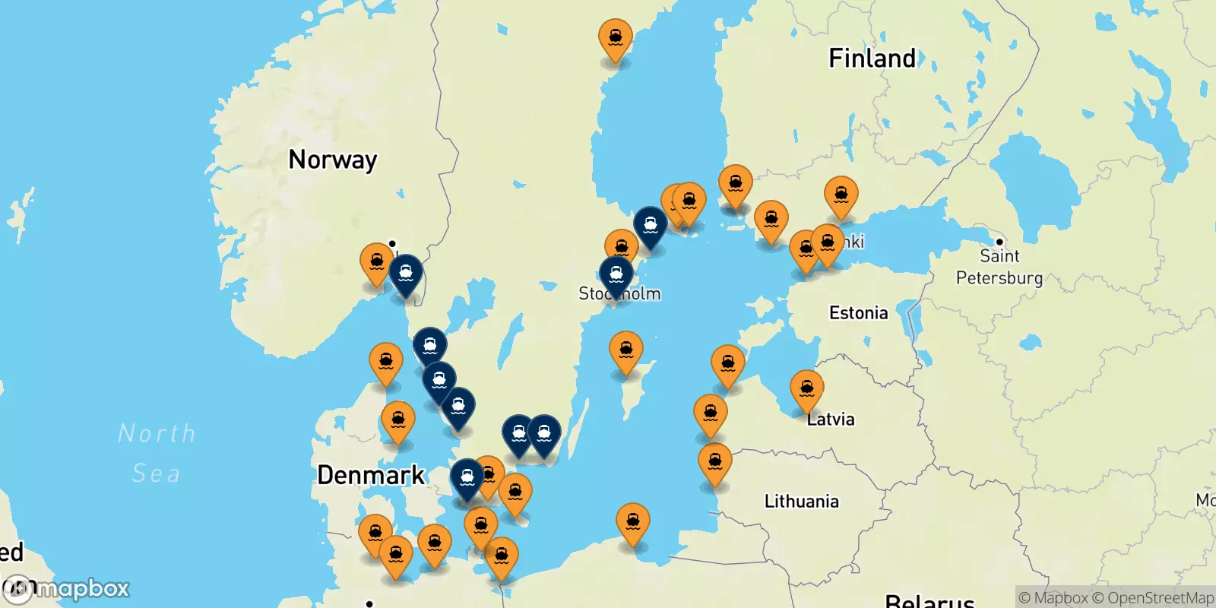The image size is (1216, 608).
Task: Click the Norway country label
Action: pyautogui.click(x=332, y=160)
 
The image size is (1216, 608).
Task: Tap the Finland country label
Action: pyautogui.click(x=872, y=59)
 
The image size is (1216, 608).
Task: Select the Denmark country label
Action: pyautogui.click(x=371, y=475)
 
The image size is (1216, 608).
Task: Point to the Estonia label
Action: pyautogui.click(x=858, y=313)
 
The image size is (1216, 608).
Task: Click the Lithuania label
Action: pyautogui.click(x=801, y=502)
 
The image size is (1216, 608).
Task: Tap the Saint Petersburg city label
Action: pyautogui.click(x=999, y=267)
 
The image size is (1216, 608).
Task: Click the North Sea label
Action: pyautogui.click(x=157, y=453)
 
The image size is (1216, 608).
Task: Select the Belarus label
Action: pyautogui.click(x=929, y=600)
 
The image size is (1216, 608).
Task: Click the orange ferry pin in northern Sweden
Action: pyautogui.click(x=615, y=37)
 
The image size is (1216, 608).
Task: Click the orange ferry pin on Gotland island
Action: pyautogui.click(x=625, y=350)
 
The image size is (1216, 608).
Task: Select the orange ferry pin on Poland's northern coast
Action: pyautogui.click(x=633, y=522)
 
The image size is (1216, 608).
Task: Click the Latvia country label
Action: pyautogui.click(x=831, y=420)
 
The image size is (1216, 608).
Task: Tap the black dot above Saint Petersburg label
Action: pyautogui.click(x=999, y=242)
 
